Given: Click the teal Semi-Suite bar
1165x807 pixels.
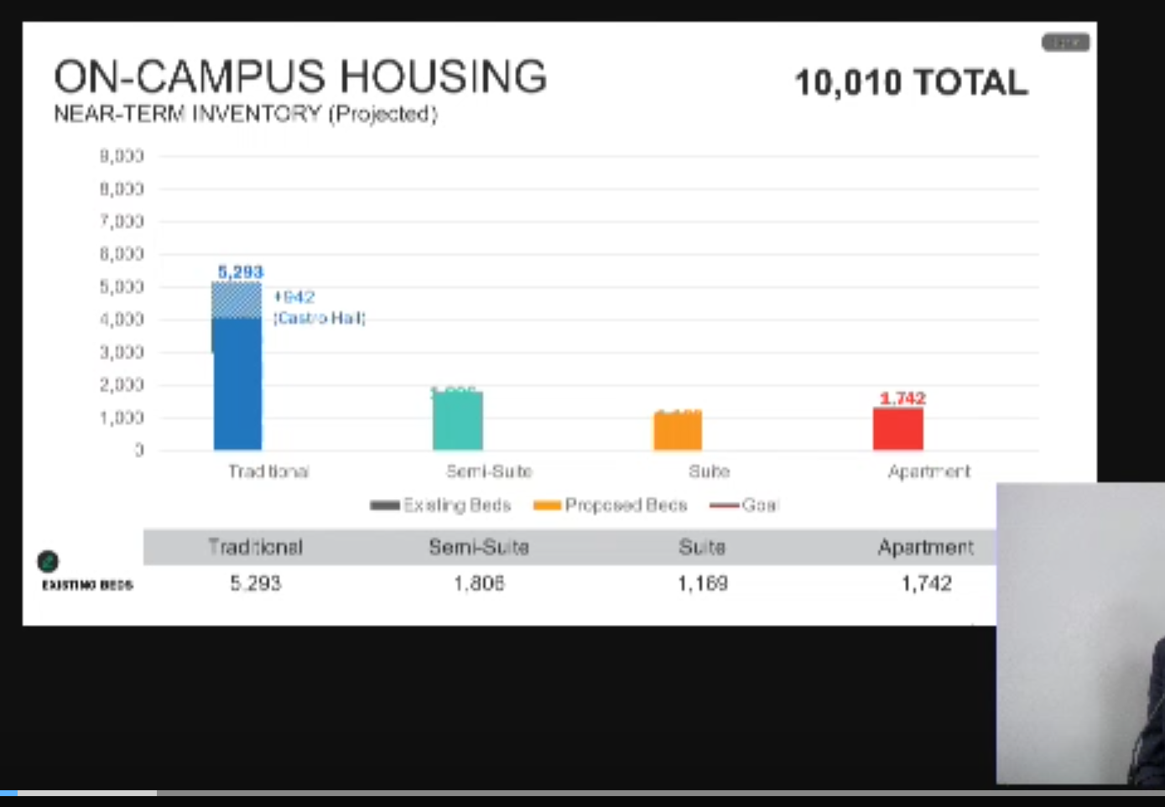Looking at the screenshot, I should tap(457, 421).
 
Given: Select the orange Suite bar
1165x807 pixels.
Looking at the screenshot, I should tap(678, 431).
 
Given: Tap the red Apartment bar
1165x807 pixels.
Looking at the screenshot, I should tap(897, 430).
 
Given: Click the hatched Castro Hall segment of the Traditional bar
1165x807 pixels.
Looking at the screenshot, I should tap(237, 300).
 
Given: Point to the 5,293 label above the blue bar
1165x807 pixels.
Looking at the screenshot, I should tap(241, 272).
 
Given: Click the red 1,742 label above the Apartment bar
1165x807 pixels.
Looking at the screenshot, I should tap(902, 398).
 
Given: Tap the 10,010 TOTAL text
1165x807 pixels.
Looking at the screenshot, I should tap(911, 82).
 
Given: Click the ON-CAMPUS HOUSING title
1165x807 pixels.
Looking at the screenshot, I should tap(300, 76).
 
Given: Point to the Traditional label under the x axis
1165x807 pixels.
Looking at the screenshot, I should tap(268, 471).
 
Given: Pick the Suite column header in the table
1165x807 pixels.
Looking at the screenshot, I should tap(702, 547).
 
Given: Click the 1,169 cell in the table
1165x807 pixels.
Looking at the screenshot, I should tap(702, 583).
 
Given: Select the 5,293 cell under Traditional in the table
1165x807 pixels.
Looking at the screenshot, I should tap(256, 583).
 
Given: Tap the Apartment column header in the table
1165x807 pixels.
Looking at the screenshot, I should tap(926, 547).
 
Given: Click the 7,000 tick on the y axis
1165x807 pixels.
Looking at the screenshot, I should tap(122, 221).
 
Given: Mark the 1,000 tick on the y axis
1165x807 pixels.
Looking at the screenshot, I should tap(122, 418).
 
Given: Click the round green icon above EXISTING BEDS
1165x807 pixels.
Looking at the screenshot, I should tap(48, 560).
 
